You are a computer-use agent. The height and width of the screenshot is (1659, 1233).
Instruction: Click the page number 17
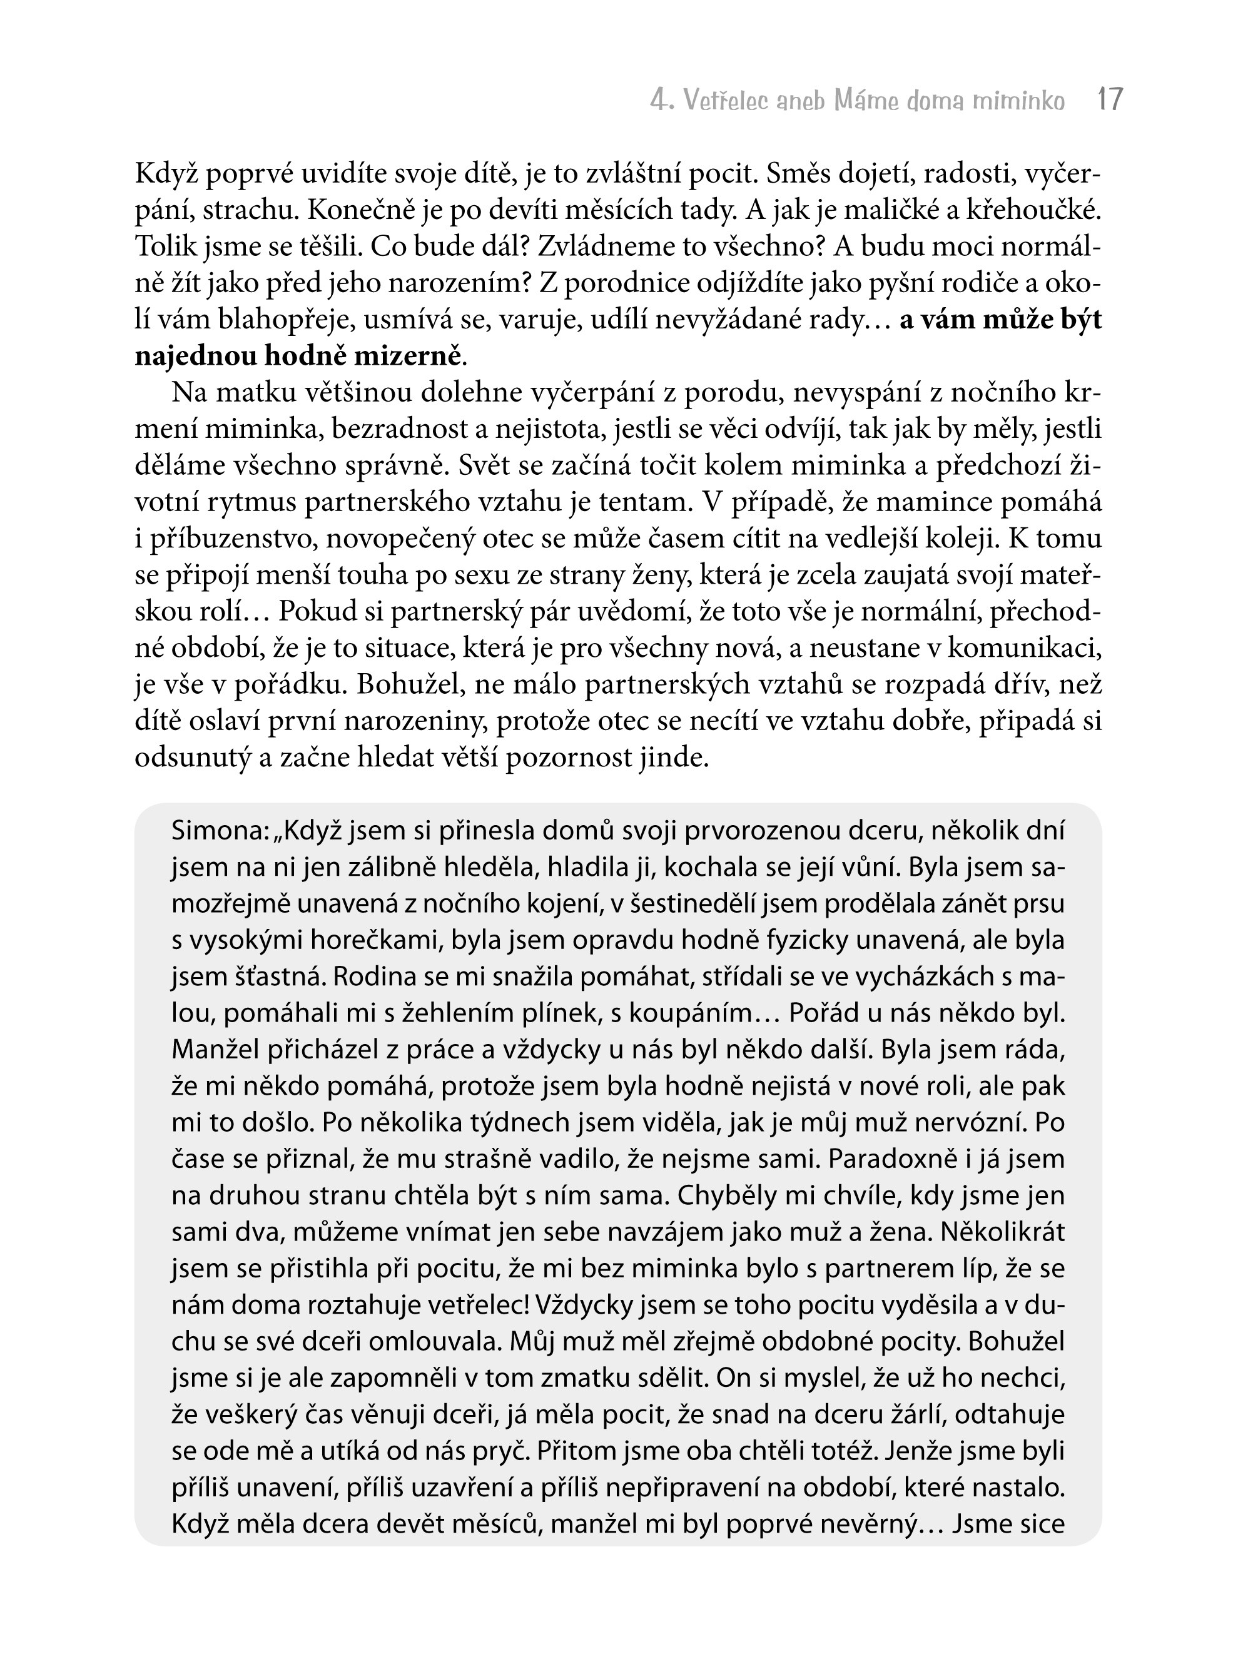(1110, 99)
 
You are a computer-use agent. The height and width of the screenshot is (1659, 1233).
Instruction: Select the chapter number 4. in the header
(662, 100)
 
